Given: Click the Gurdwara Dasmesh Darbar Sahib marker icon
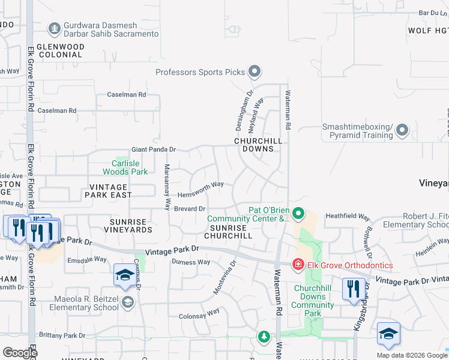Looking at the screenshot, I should coord(54,28).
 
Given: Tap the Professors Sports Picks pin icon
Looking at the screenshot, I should coord(254,72).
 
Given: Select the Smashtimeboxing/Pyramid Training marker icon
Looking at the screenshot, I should coord(402,130).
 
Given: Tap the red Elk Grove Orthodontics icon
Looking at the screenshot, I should coord(297,265).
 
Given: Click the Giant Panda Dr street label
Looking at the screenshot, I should coord(154,150).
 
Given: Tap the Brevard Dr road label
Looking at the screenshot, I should coord(190,208).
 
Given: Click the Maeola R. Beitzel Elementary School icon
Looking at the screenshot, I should coord(127,302).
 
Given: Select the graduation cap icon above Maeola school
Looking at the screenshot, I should coord(125,275).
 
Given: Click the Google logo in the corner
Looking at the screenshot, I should coord(20,353).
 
